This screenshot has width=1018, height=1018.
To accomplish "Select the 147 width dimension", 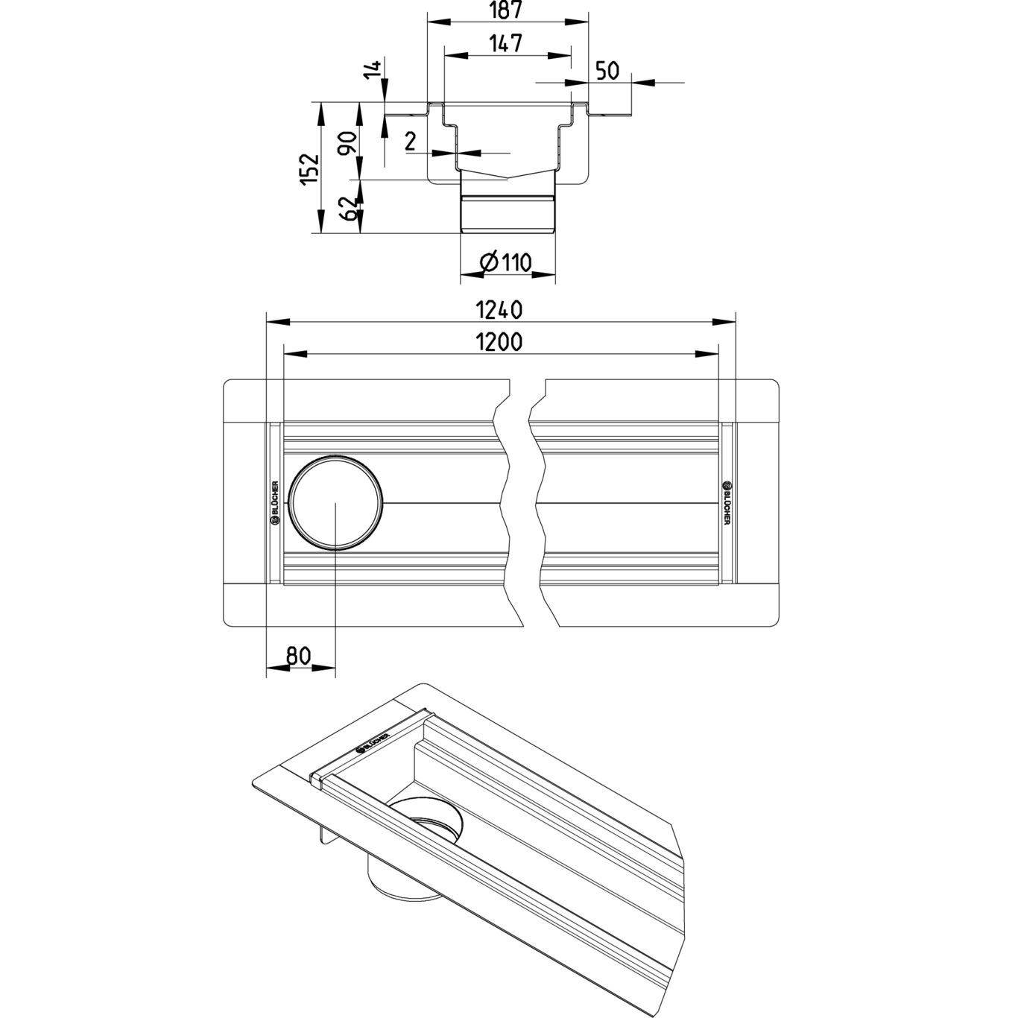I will coord(506,44).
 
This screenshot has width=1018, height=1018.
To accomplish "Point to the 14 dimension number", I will coord(376,69).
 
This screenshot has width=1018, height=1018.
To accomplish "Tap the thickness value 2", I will coord(410,141).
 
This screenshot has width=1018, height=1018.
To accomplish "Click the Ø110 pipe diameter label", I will coord(505,263).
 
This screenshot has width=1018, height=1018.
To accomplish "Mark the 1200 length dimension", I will coord(499,342).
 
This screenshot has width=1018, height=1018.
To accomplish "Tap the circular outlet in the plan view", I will coord(336,502).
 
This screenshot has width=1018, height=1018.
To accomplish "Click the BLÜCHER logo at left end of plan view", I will coord(274,502).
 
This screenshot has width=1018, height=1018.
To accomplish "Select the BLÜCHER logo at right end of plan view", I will coord(727,502).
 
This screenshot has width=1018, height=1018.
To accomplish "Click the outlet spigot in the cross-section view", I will coord(508,212).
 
